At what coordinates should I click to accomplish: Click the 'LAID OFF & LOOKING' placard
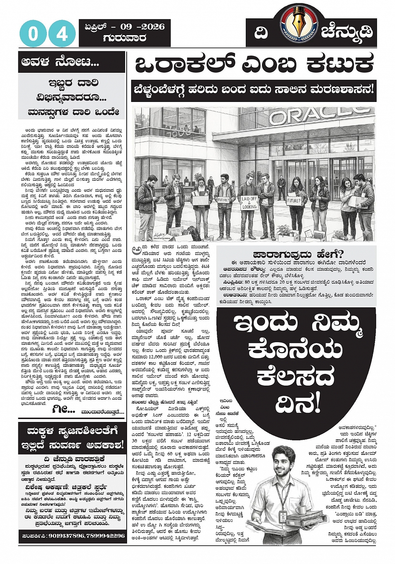(249, 202)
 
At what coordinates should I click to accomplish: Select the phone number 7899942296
(107, 536)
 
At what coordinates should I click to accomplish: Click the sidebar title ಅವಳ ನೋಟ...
(60, 63)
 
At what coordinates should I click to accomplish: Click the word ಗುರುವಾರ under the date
(124, 38)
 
